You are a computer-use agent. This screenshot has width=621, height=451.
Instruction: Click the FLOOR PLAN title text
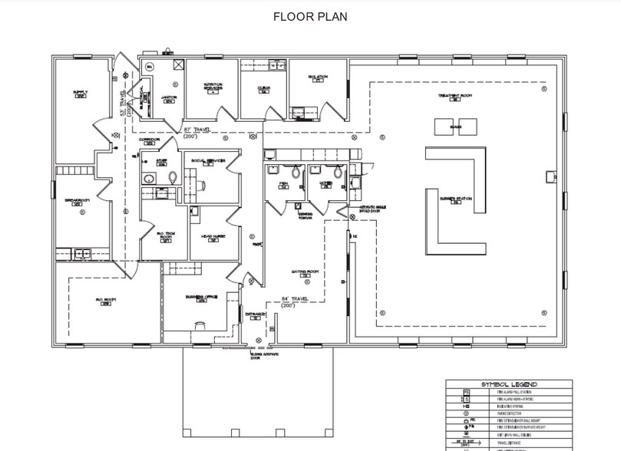point(310,16)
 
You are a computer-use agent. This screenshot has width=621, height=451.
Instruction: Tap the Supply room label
point(80,93)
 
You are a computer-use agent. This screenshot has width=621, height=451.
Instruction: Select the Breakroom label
point(78,200)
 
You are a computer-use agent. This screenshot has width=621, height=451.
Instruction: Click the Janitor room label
point(170,97)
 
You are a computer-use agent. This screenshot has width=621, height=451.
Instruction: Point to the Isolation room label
point(319,77)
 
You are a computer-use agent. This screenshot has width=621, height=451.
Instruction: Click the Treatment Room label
point(454,96)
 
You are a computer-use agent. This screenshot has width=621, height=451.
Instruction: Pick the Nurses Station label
point(455,199)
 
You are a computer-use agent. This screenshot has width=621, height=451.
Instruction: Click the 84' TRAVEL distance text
point(295,299)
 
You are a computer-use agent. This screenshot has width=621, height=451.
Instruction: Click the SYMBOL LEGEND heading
point(509,384)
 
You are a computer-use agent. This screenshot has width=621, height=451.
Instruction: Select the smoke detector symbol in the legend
point(464,413)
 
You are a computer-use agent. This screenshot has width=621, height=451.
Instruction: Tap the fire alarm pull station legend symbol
point(464,393)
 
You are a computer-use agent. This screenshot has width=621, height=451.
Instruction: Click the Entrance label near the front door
point(255,314)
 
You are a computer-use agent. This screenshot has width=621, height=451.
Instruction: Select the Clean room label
point(263,88)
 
